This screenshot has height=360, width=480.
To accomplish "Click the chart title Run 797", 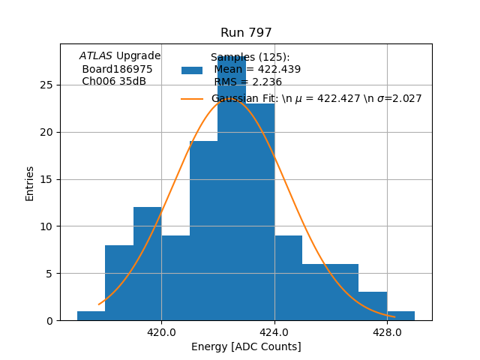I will point(246,33).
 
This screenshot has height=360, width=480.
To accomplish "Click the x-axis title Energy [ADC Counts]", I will point(246,346).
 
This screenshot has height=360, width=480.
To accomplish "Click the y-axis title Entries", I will point(30,183).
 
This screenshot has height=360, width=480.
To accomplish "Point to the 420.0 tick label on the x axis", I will point(161,331).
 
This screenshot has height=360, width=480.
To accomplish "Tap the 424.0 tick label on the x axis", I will point(274,331).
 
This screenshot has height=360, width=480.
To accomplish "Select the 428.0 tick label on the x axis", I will point(387,331).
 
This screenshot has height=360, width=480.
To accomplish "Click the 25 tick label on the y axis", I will point(46,85).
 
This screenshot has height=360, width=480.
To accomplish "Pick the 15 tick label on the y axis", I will point(46,179).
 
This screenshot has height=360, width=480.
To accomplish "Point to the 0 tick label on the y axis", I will point(49,320).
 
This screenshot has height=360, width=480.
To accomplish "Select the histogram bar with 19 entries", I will point(203,232).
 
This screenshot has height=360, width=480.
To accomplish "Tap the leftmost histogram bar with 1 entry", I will point(91,316).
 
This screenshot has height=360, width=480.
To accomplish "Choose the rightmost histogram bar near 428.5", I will point(401,316).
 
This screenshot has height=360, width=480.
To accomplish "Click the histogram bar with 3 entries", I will point(373,307).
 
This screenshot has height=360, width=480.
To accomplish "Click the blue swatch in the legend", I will point(192,70).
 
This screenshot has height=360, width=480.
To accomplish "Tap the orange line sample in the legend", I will point(192,99).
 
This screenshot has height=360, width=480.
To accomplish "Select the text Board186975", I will point(117,69).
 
